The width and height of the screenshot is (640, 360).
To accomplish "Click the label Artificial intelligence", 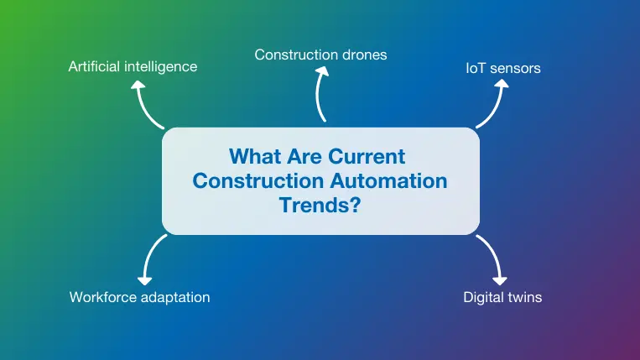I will point(133,66).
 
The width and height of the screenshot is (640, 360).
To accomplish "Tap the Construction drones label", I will point(320,55).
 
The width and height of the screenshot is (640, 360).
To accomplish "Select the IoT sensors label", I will point(502,68).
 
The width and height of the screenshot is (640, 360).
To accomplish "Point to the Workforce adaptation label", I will point(139,297).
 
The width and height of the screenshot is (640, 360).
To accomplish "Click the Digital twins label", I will point(502,297).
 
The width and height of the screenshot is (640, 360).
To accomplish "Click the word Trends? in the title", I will point(320,204).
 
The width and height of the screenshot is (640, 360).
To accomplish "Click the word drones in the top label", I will point(365,55).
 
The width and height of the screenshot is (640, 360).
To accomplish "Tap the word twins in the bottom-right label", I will point(523,297).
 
